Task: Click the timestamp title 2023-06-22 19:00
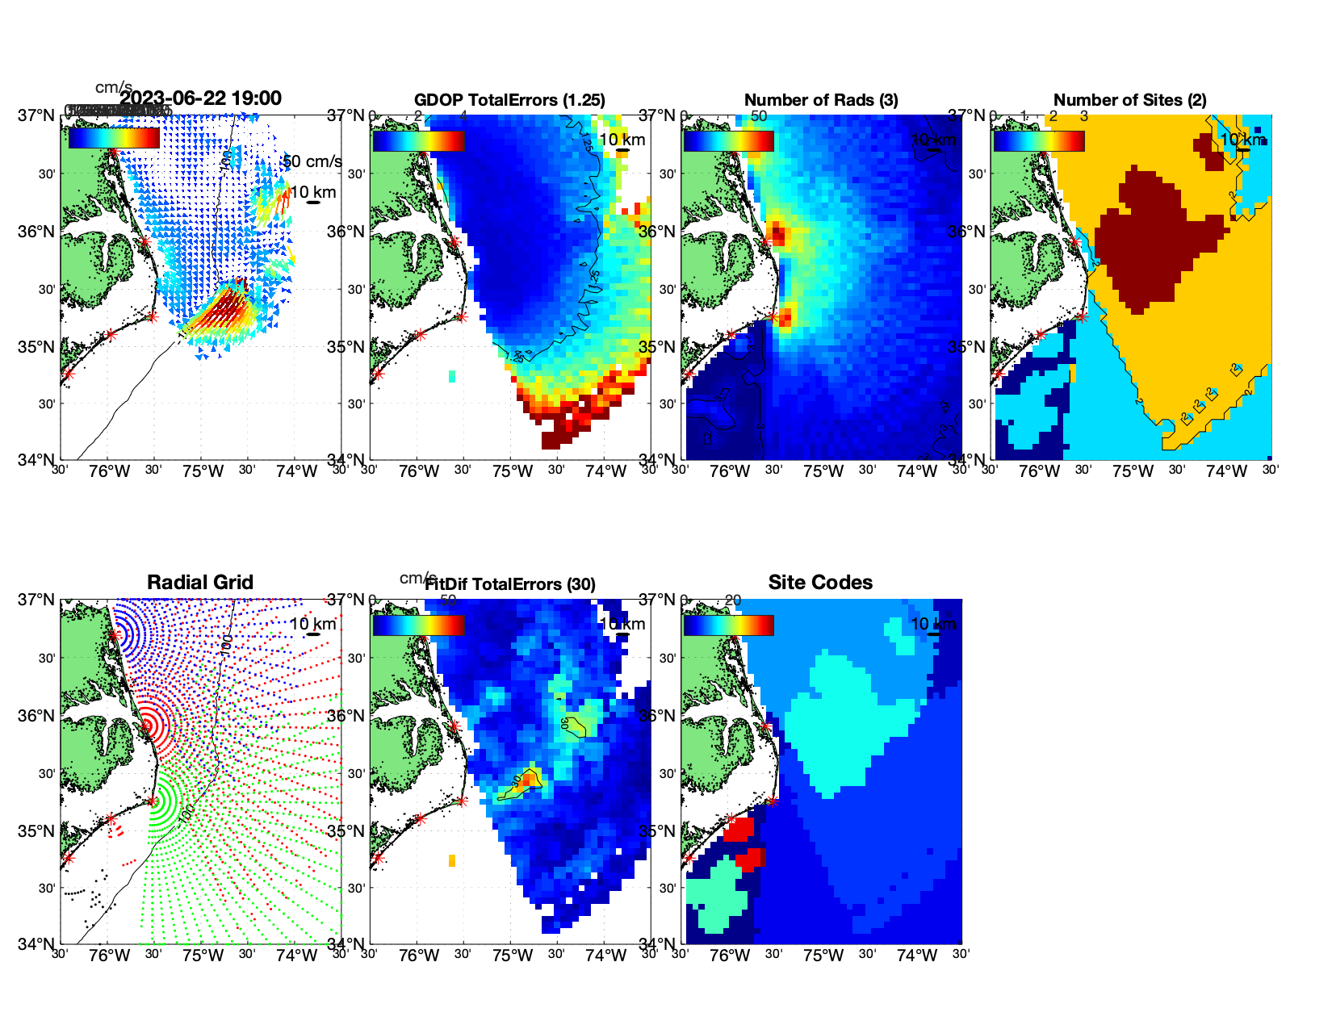(200, 98)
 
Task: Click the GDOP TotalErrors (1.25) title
(509, 100)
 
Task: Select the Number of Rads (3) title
(821, 100)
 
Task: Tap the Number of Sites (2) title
(1129, 100)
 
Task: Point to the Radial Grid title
(200, 583)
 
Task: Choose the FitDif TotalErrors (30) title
(510, 584)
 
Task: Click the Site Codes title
(820, 583)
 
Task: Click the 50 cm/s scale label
(312, 161)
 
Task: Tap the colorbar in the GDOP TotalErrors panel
(418, 140)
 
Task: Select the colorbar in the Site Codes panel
(728, 625)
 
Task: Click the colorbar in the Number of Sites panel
(1039, 140)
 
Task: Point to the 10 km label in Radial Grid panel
(312, 624)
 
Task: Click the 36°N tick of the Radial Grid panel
(36, 716)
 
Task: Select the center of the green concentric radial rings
(152, 801)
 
